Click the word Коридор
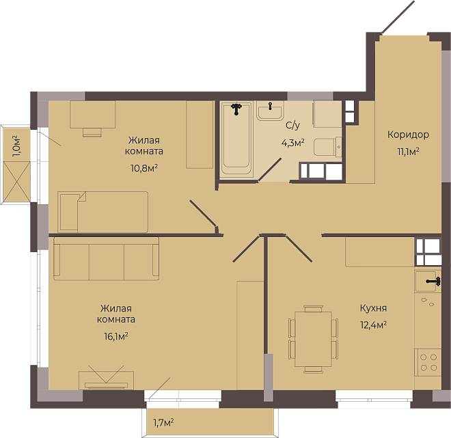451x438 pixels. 408,135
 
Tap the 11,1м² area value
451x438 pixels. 408,152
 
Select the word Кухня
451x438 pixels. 373,308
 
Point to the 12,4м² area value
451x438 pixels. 373,325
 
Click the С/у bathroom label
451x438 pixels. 292,126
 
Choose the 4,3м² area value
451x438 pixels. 292,143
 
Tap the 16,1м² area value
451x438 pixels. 116,336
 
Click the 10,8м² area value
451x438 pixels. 143,168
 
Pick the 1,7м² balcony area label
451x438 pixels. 163,422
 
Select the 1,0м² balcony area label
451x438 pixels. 16,146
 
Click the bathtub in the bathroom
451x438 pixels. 236,139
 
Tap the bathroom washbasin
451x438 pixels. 270,111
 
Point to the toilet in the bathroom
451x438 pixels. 327,147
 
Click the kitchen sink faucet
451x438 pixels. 434,282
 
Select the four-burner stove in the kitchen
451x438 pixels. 428,362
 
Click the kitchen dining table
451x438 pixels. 313,339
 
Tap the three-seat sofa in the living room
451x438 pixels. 107,258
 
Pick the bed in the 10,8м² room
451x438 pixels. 103,212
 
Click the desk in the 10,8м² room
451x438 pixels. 93,115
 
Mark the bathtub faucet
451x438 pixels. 236,109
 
